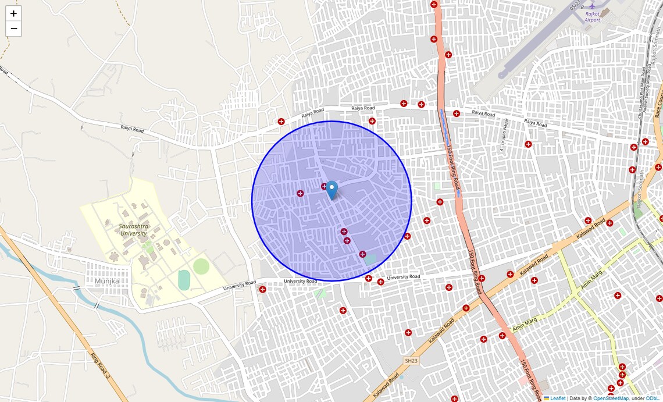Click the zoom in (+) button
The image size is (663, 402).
(x=13, y=13)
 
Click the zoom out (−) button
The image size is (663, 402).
(x=13, y=29)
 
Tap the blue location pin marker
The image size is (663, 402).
(x=331, y=190)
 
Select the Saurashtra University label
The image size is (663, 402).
(x=134, y=229)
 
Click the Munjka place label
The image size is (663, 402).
(x=106, y=282)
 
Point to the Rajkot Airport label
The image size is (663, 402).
(x=592, y=16)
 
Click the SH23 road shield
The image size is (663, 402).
(x=411, y=361)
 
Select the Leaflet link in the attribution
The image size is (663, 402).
(x=558, y=399)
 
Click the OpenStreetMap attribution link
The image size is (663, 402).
(x=611, y=399)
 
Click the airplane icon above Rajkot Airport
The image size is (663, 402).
(x=592, y=5)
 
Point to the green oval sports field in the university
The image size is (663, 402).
(x=201, y=266)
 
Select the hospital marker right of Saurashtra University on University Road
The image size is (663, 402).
(x=262, y=289)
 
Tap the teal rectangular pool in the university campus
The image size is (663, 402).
(x=184, y=280)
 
